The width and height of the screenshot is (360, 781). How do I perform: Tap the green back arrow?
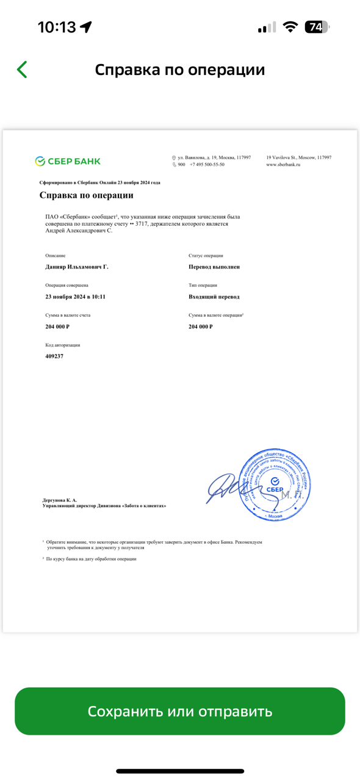pyautogui.click(x=23, y=70)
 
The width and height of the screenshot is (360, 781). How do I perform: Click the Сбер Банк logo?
pyautogui.click(x=68, y=161)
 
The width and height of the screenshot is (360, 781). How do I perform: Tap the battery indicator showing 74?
pyautogui.click(x=317, y=27)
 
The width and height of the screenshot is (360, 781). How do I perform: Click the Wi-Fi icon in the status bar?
pyautogui.click(x=290, y=27)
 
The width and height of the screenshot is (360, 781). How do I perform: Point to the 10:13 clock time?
pyautogui.click(x=57, y=27)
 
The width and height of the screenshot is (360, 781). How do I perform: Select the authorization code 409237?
pyautogui.click(x=54, y=356)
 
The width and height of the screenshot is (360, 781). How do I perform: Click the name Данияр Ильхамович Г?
pyautogui.click(x=77, y=267)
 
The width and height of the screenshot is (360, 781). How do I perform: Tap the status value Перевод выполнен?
pyautogui.click(x=214, y=267)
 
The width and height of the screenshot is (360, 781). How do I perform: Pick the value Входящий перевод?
pyautogui.click(x=214, y=297)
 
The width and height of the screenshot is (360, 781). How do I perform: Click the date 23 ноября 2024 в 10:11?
pyautogui.click(x=75, y=297)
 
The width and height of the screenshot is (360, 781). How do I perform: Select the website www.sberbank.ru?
pyautogui.click(x=283, y=165)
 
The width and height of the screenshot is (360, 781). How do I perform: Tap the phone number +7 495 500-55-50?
pyautogui.click(x=207, y=165)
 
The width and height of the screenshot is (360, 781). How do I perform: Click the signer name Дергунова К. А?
pyautogui.click(x=60, y=500)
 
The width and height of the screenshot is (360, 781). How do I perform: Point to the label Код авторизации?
pyautogui.click(x=62, y=345)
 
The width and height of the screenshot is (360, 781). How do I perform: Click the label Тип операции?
pyautogui.click(x=203, y=286)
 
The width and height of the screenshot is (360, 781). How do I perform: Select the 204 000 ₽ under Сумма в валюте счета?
pyautogui.click(x=57, y=327)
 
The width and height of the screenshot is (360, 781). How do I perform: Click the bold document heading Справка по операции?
pyautogui.click(x=86, y=195)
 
